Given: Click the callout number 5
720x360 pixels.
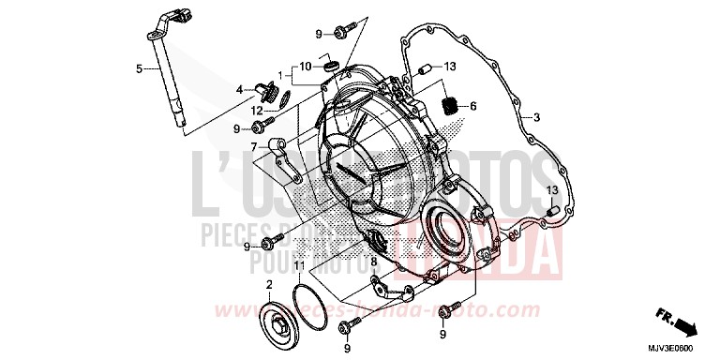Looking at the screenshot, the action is click(139, 68).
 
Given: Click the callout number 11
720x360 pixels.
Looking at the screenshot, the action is click(298, 268).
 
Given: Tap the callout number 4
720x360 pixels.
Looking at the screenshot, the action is click(240, 90).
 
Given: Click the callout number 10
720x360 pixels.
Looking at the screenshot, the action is click(306, 66).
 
